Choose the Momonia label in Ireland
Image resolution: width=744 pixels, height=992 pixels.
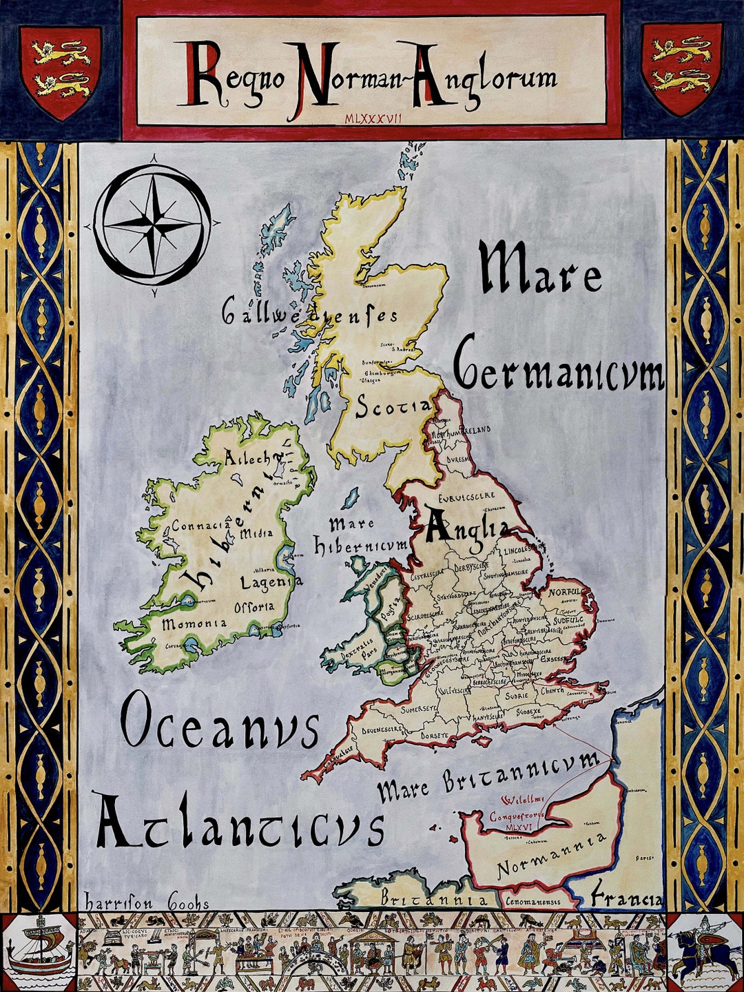[194, 624]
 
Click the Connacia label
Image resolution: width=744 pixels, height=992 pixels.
[200, 526]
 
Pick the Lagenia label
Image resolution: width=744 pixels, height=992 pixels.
[271, 582]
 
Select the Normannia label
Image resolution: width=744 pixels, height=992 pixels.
[552, 856]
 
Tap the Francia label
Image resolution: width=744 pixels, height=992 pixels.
[626, 897]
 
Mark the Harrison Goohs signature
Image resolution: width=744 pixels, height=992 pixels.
[146, 902]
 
